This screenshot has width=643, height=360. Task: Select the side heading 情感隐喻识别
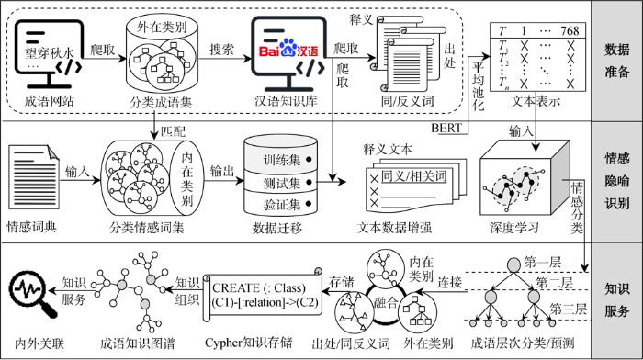coord(617,181)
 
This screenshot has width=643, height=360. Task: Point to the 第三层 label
coord(570,307)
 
